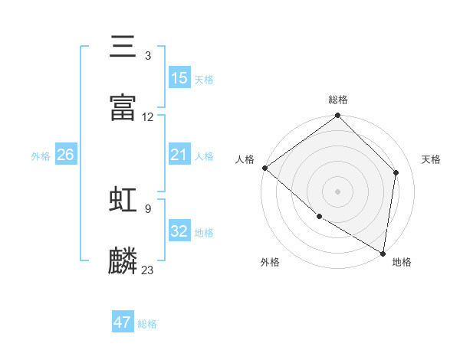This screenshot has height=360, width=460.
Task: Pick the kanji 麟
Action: pyautogui.click(x=123, y=260)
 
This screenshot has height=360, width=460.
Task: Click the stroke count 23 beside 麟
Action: pyautogui.click(x=148, y=270)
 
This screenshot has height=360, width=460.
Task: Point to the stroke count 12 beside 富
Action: pyautogui.click(x=148, y=117)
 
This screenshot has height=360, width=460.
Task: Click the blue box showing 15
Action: pyautogui.click(x=179, y=77)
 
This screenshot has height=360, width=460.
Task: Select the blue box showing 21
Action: pyautogui.click(x=179, y=155)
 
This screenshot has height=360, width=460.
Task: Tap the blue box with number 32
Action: pyautogui.click(x=179, y=231)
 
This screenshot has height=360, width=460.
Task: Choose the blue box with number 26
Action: pyautogui.click(x=65, y=155)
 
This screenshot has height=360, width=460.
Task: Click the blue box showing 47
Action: pyautogui.click(x=123, y=322)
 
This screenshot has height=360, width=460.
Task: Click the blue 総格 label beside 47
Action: pyautogui.click(x=147, y=324)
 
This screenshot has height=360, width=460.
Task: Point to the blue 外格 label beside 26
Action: pyautogui.click(x=41, y=156)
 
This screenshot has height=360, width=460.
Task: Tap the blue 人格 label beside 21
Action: pyautogui.click(x=204, y=156)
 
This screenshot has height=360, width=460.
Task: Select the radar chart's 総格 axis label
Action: pyautogui.click(x=338, y=100)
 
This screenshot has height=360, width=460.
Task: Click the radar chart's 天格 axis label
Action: pyautogui.click(x=431, y=159)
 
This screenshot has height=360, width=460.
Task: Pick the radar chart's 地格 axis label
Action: pyautogui.click(x=402, y=262)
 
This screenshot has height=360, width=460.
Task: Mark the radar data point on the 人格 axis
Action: pyautogui.click(x=264, y=168)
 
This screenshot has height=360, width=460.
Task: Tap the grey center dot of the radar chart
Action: pyautogui.click(x=337, y=191)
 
